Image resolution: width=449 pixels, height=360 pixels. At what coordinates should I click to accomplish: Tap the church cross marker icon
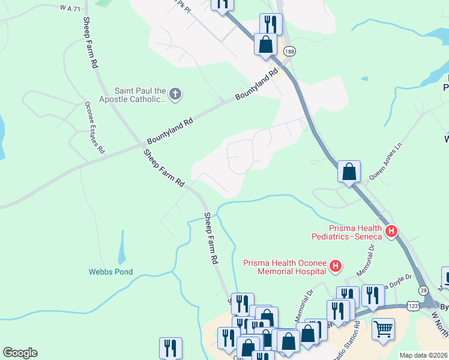[x=175, y=94]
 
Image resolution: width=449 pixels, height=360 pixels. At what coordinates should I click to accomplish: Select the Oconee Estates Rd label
[x=94, y=126]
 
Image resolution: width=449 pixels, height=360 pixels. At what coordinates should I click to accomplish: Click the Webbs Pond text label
[x=111, y=271]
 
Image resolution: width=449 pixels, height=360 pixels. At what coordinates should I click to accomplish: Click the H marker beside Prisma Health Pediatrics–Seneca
[x=392, y=231]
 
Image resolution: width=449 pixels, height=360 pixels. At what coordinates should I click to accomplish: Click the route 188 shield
[x=290, y=52]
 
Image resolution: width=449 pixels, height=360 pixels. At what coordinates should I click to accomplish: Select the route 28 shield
[x=424, y=290]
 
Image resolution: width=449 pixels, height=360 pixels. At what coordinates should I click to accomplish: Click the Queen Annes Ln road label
[x=384, y=165]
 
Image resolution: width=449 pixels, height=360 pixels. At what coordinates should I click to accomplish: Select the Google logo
[x=20, y=353]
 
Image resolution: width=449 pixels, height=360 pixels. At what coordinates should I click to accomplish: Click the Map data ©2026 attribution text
[x=424, y=355]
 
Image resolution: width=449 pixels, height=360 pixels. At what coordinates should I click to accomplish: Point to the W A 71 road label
[x=70, y=8]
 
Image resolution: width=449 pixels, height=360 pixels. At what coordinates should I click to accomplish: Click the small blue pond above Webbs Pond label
[x=122, y=247]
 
